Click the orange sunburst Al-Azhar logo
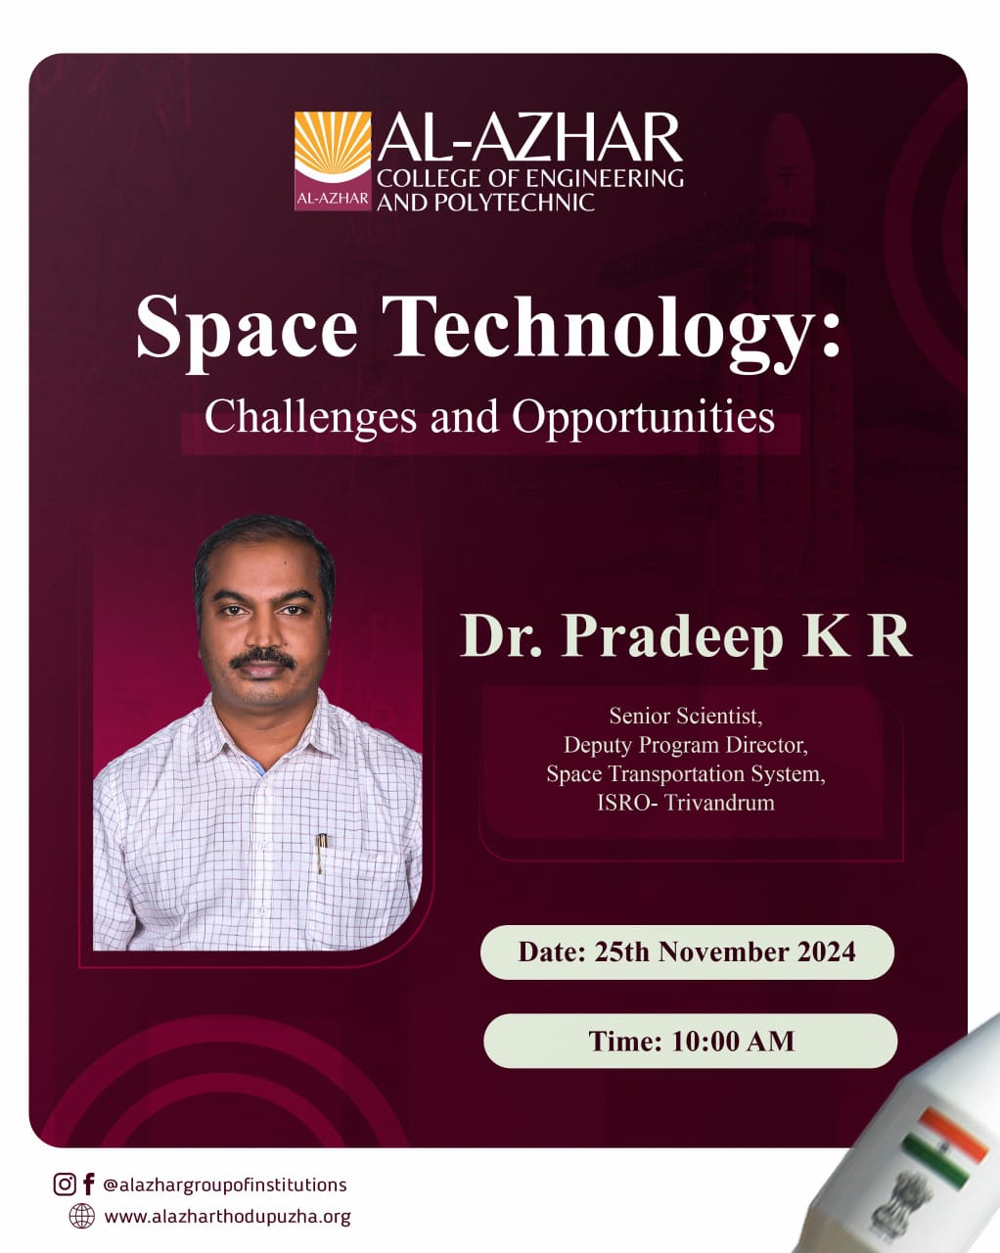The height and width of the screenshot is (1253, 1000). point(333,161)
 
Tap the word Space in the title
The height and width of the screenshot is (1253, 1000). point(247,330)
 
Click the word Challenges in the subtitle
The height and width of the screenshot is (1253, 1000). point(311,417)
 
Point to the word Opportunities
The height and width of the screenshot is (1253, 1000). point(643,418)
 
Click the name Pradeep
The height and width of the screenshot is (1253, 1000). point(671,638)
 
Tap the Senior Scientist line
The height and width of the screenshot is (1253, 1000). point(686,717)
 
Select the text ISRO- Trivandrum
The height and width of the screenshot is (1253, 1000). point(686,803)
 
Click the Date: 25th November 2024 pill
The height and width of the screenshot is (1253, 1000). point(687,951)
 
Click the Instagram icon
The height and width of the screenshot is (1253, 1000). point(64,1183)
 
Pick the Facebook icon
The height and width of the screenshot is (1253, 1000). point(88,1183)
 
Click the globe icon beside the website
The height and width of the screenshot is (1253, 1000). point(81,1216)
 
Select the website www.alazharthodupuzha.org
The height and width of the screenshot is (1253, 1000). point(228,1217)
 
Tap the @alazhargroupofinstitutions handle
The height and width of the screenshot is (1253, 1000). point(225,1184)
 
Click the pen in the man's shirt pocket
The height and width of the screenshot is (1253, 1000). point(321,853)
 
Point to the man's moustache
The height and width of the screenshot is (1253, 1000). point(261,658)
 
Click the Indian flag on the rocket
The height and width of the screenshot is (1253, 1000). point(944,1147)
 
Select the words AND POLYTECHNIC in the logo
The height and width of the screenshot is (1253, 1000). point(485,203)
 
